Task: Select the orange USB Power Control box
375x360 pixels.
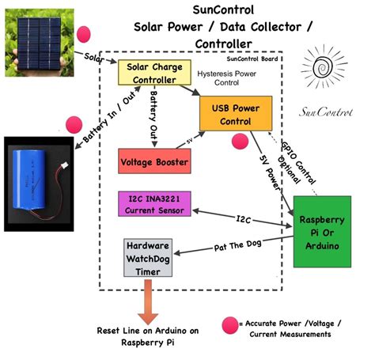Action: point(235,113)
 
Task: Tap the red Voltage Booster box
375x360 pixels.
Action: point(153,161)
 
